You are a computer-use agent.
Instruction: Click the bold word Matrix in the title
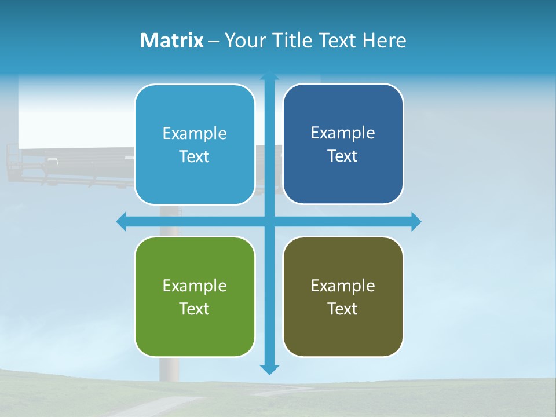coord(171,41)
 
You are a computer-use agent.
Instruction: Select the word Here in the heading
coord(384,41)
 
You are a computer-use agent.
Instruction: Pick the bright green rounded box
coord(195,330)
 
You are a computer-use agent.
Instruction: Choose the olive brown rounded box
coord(343,330)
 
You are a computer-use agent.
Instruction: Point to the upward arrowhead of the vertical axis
coord(269,75)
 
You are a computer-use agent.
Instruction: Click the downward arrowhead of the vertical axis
coord(269,370)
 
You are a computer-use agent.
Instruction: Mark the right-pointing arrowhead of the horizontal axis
coord(416,221)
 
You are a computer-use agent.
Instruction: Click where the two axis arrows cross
coord(269,221)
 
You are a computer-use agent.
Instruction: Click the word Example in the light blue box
coord(195,134)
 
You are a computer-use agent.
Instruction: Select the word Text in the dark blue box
coord(343,156)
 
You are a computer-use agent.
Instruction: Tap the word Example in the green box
coord(195,286)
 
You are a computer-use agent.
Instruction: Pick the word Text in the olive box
coord(343,309)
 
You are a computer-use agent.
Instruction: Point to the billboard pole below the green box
coord(169,368)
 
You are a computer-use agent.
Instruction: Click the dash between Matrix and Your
coord(214,41)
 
